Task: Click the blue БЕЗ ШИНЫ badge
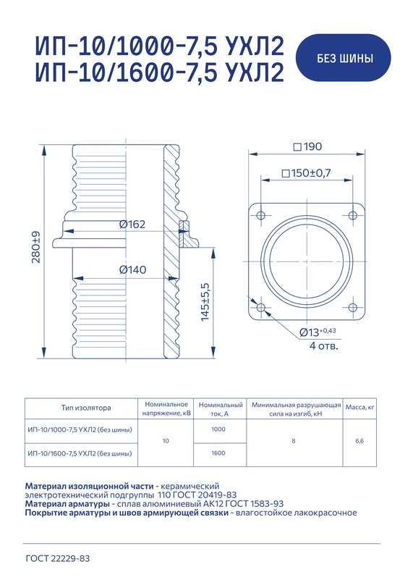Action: (x=344, y=58)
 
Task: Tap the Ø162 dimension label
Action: (x=132, y=224)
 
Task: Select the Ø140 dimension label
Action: (x=132, y=269)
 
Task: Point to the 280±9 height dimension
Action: (x=36, y=247)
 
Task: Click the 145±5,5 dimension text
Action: (x=205, y=302)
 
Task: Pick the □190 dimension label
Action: (x=307, y=146)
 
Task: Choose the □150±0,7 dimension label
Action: (x=306, y=173)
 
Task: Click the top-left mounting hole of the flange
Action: (x=261, y=216)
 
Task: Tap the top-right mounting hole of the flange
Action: (x=352, y=215)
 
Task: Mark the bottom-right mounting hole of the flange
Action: (x=352, y=308)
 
